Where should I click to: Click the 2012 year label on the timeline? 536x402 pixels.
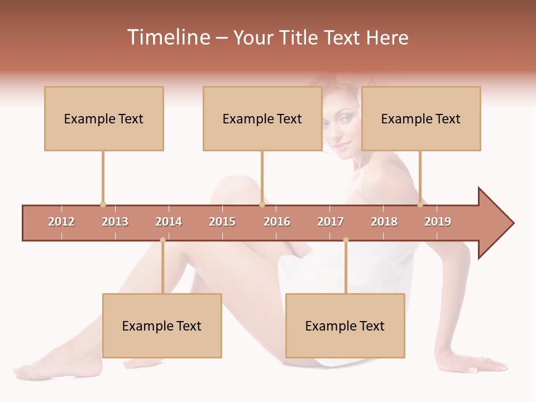click(61, 222)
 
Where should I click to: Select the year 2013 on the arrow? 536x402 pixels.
click(115, 222)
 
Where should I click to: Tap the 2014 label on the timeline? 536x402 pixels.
click(169, 222)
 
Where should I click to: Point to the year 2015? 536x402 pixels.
click(222, 222)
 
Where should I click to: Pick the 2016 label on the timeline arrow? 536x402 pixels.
click(277, 222)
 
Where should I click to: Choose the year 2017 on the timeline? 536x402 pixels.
click(331, 222)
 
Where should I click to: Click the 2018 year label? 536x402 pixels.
click(384, 222)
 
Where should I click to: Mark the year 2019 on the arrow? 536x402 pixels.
click(438, 222)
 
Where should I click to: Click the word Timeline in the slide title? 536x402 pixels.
click(167, 37)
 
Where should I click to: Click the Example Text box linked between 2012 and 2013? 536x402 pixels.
click(104, 118)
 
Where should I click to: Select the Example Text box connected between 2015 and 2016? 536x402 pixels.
click(262, 118)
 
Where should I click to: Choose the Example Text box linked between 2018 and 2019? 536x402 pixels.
click(420, 118)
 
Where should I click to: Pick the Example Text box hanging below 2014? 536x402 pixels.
click(162, 326)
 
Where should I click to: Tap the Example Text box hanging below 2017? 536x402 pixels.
click(345, 326)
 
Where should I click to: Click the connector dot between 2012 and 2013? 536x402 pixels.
click(103, 205)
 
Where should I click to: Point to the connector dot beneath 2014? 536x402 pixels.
click(162, 240)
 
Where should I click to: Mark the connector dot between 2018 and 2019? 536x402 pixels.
click(420, 205)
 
